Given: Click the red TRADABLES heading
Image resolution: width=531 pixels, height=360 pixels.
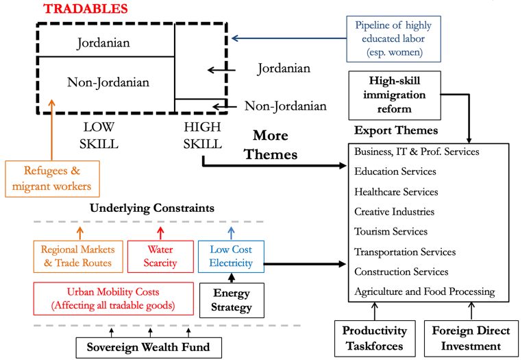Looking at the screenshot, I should (86, 9).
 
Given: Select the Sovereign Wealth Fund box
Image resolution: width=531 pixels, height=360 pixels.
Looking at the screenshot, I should (147, 347).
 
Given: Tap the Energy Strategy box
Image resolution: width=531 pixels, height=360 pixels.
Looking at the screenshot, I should (232, 300).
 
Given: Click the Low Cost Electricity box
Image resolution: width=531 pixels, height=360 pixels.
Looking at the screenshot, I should (231, 256).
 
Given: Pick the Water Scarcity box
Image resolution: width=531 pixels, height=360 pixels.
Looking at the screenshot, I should (160, 256).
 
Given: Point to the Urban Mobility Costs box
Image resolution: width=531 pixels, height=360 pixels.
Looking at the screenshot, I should (112, 298).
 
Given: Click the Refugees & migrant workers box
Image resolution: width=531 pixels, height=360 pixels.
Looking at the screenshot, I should (52, 179).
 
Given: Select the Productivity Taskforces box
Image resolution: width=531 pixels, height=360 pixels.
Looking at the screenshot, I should (375, 338).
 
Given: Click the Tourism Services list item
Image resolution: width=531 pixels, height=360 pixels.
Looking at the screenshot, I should (391, 232).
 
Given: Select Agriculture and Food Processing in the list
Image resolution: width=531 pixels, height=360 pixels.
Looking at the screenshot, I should (424, 291).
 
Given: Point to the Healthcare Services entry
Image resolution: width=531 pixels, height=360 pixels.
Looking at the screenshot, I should (395, 192).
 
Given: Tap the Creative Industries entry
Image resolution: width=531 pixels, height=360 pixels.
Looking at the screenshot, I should (394, 212).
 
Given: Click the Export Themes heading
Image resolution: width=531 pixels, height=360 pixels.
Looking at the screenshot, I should (395, 130).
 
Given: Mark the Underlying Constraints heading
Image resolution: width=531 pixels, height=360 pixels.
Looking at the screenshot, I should (152, 208).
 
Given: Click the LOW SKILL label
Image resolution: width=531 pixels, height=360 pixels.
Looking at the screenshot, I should (100, 136).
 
